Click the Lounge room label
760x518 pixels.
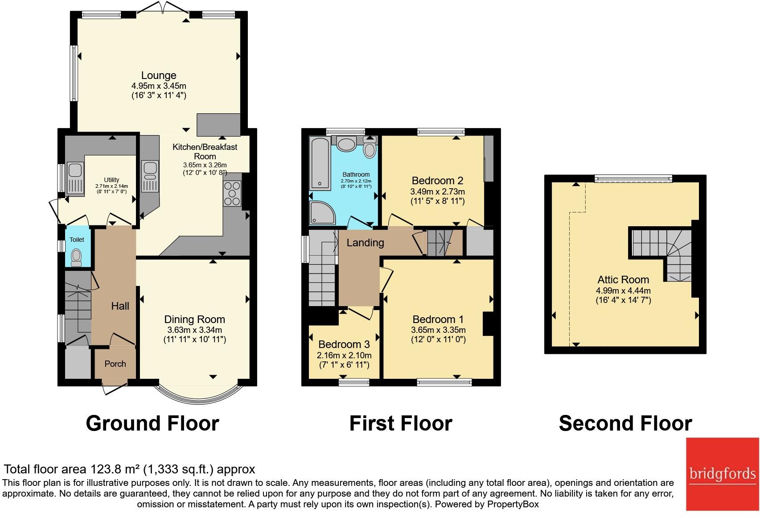tap(159, 75)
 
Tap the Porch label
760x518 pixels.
tap(115, 364)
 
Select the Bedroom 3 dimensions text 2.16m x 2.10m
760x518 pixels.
tap(344, 356)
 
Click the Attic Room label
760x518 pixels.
tap(623, 280)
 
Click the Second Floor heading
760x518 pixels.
tap(625, 423)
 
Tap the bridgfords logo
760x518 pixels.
tap(722, 474)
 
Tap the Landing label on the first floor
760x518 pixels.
tap(365, 243)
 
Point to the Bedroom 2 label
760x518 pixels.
tap(437, 181)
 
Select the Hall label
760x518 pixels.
tap(120, 306)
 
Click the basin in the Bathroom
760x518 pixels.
tap(345, 144)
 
